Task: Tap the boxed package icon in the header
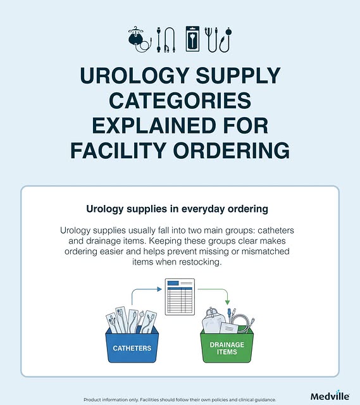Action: (x=193, y=39)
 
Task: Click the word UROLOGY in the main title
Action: (x=133, y=75)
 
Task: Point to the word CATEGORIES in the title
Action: (x=180, y=101)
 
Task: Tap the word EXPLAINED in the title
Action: (x=154, y=125)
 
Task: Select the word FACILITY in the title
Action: (x=118, y=151)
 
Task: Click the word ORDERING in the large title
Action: (x=231, y=151)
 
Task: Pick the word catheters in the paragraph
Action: (x=276, y=230)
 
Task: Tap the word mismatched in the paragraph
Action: (x=265, y=251)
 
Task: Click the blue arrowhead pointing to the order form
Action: (x=159, y=289)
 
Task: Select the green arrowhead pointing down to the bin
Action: (x=227, y=302)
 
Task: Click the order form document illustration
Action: (x=180, y=297)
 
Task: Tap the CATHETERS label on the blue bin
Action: (x=132, y=348)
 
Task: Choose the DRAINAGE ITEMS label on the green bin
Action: (x=227, y=348)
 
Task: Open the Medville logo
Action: (x=330, y=396)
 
